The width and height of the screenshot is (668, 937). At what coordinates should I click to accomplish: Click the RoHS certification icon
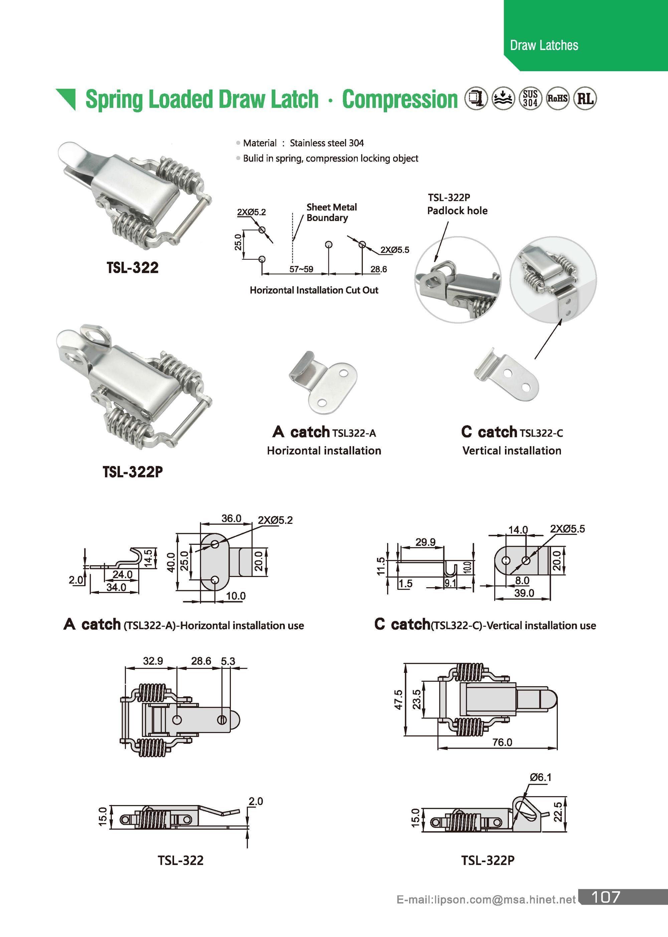[557, 99]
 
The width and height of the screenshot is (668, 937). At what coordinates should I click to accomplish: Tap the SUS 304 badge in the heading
[530, 99]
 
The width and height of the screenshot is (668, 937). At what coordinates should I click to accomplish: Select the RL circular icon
[585, 99]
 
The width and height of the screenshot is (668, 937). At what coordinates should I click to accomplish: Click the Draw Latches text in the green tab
[544, 45]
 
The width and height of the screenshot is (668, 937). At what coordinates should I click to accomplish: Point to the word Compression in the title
[399, 100]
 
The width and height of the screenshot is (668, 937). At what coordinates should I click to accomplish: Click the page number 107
[605, 908]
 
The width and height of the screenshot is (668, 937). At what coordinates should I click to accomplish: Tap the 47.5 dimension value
[398, 700]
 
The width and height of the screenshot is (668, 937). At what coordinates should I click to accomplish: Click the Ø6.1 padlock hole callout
[540, 777]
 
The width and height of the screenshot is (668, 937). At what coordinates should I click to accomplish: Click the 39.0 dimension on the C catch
[524, 593]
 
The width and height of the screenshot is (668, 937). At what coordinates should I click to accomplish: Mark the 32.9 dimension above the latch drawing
[153, 661]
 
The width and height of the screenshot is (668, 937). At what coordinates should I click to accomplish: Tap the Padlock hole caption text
[457, 210]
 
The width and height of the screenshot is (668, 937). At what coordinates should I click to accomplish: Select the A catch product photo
[323, 382]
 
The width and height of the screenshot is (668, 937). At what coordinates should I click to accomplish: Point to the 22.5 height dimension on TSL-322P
[558, 811]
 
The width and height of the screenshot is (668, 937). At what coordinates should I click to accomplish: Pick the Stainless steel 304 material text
[327, 143]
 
